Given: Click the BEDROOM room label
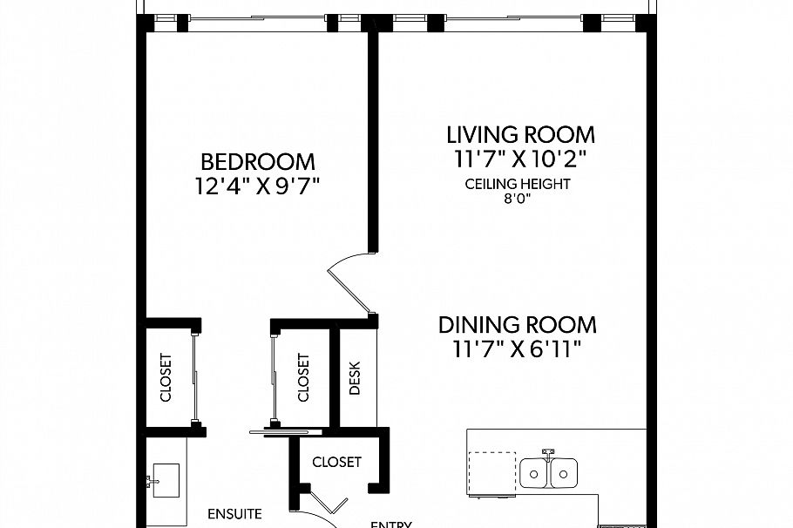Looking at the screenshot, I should [x=258, y=162].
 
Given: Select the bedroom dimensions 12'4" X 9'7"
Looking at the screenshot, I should [x=258, y=186].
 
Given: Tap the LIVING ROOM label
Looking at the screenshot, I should [x=520, y=135].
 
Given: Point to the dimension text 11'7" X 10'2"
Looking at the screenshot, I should [x=520, y=159].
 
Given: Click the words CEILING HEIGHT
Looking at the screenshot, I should [x=518, y=184].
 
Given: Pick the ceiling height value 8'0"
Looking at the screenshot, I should [x=518, y=199].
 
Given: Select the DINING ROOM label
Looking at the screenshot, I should [x=518, y=325].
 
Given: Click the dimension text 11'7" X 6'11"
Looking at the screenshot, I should [x=518, y=349].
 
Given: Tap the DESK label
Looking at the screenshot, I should [x=355, y=378].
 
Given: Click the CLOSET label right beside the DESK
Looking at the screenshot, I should [x=303, y=377].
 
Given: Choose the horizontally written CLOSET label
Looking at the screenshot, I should [x=336, y=462].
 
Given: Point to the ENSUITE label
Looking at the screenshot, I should [x=234, y=514].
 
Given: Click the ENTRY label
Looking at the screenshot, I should [x=391, y=523].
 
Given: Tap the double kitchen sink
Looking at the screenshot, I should [x=550, y=474].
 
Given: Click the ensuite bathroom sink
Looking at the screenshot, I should [x=164, y=480].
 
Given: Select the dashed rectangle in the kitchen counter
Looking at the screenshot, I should [x=491, y=472].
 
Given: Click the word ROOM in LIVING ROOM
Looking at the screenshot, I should [x=560, y=135].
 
